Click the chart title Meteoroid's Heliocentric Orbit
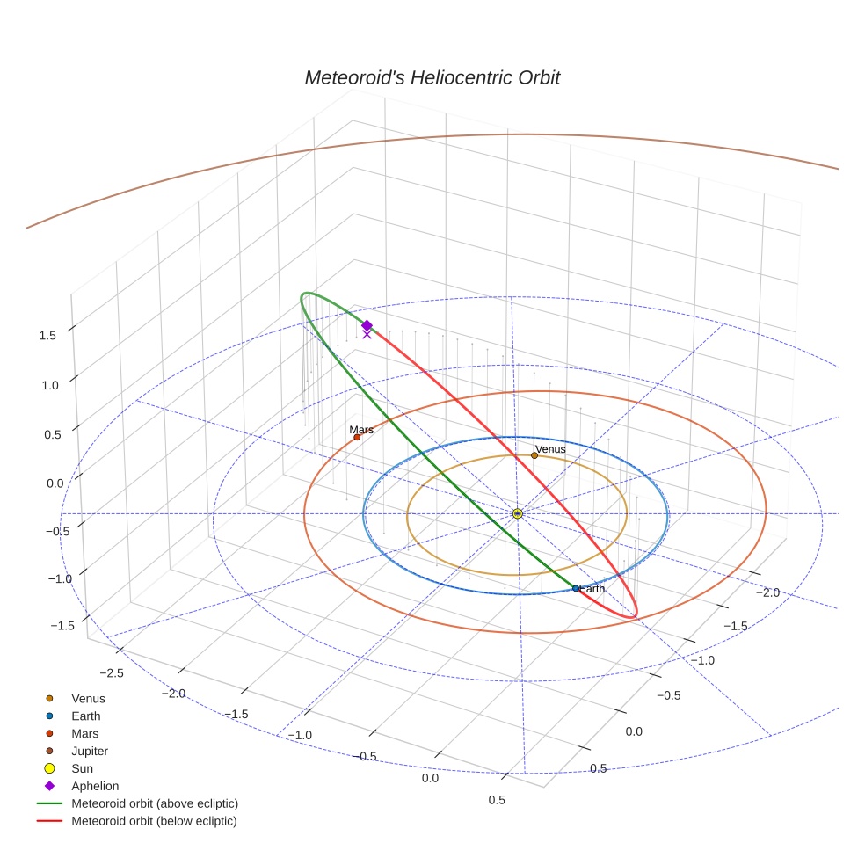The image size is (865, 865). click(x=432, y=77)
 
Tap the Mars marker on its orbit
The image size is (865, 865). click(x=357, y=437)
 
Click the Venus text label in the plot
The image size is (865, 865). click(x=550, y=449)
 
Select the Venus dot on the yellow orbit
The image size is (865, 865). click(x=534, y=455)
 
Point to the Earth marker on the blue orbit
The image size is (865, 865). click(x=576, y=588)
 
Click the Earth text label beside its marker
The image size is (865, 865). click(x=592, y=588)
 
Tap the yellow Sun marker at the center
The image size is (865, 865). click(x=518, y=513)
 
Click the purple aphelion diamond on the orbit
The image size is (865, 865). click(x=367, y=325)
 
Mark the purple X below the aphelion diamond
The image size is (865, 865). click(x=367, y=334)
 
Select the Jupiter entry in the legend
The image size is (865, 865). click(x=90, y=751)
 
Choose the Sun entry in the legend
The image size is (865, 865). click(x=84, y=768)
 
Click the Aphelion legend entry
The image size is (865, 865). click(x=95, y=786)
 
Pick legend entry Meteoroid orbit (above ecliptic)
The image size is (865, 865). click(x=155, y=803)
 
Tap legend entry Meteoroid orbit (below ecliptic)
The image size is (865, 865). click(x=154, y=821)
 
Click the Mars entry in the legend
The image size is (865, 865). click(x=84, y=733)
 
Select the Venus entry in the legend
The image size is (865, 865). click(x=88, y=699)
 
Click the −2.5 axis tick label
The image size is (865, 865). click(x=111, y=672)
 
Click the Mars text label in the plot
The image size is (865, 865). click(x=361, y=430)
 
